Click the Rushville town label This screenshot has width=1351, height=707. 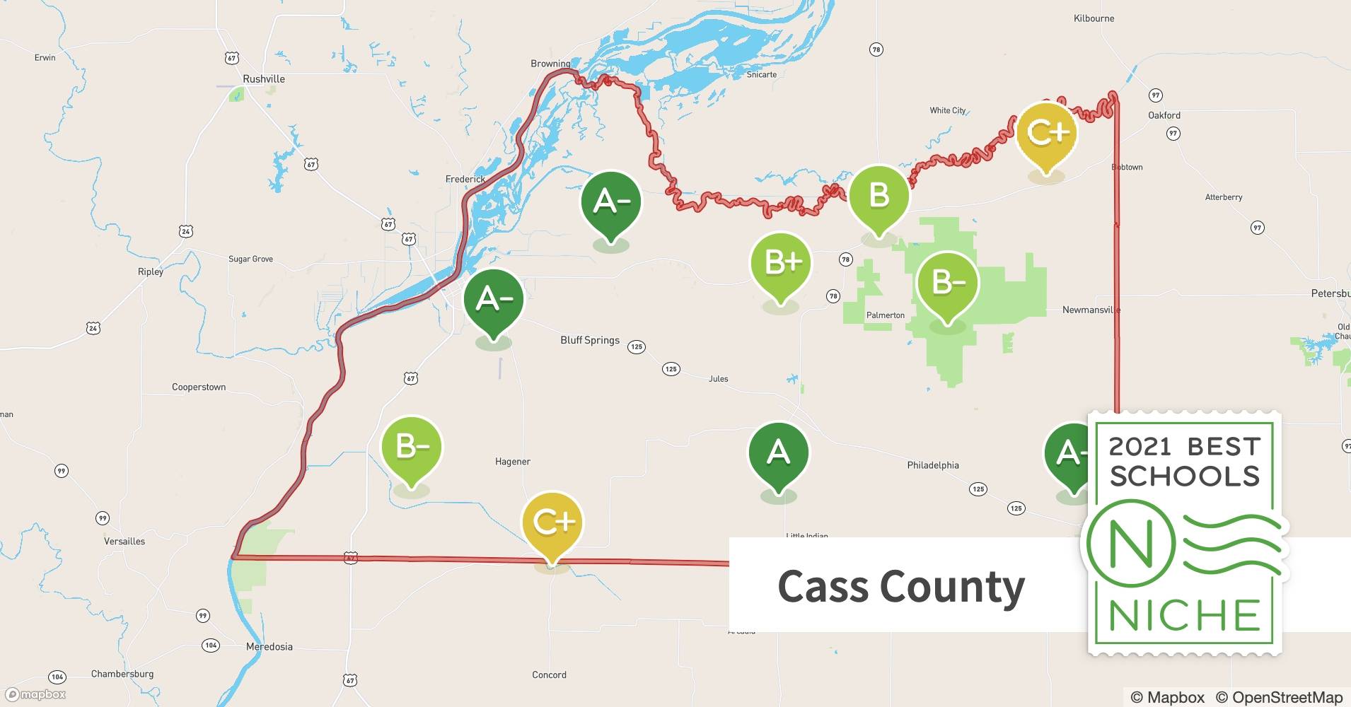[x=264, y=79]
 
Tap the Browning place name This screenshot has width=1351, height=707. [x=550, y=64]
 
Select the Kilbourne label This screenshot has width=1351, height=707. [x=1094, y=18]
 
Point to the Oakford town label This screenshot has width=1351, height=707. [x=1164, y=115]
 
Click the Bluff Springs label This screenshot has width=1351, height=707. [x=590, y=340]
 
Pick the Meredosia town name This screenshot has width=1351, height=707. [x=269, y=647]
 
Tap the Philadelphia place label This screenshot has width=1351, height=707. [x=933, y=465]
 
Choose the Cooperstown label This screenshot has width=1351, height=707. [x=199, y=387]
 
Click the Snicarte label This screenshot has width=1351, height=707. [x=762, y=74]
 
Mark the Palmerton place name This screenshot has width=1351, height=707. [x=885, y=315]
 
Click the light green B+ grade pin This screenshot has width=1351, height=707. [x=780, y=264]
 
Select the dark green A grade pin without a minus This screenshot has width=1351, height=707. [x=778, y=452]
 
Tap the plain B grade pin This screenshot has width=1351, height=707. [x=879, y=195]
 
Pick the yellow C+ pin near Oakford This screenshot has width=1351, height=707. [x=1046, y=132]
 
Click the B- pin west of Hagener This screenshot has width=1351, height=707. [x=411, y=448]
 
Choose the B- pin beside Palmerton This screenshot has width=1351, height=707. [x=947, y=283]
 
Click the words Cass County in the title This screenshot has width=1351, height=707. [x=900, y=586]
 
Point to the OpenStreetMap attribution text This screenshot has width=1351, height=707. [x=1287, y=697]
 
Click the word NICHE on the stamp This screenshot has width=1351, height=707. [x=1185, y=616]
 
